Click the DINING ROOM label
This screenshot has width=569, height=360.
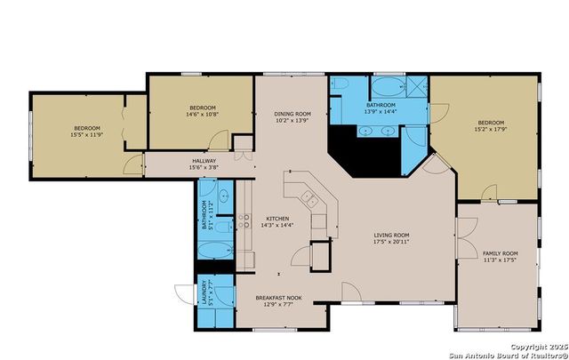click(292, 114)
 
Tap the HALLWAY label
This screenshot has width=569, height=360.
click(203, 161)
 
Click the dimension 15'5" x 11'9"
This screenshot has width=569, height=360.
click(87, 136)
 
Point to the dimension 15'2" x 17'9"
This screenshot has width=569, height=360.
click(491, 130)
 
